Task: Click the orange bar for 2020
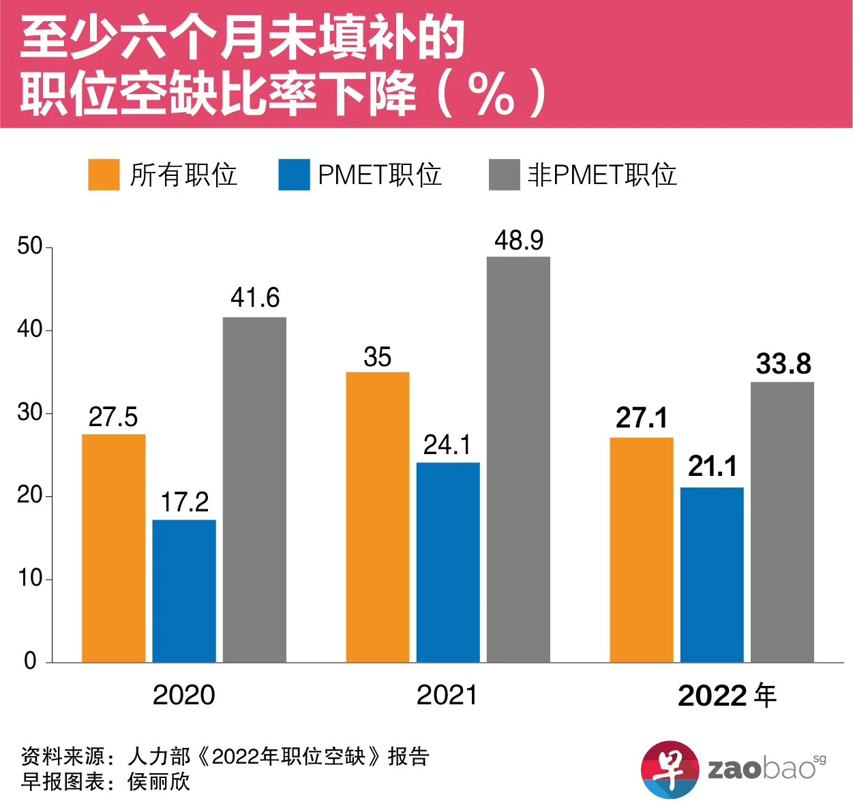113,548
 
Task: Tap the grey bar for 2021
518,460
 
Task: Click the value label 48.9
519,241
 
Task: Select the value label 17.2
184,502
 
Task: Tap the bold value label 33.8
783,364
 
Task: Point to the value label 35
377,357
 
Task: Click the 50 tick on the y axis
30,246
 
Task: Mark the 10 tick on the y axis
30,579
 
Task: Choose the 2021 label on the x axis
447,695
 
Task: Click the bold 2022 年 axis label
727,695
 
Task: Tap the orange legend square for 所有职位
104,175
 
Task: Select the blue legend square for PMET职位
294,175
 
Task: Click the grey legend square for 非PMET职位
504,175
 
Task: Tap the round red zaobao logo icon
670,770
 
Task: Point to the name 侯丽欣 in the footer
159,781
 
